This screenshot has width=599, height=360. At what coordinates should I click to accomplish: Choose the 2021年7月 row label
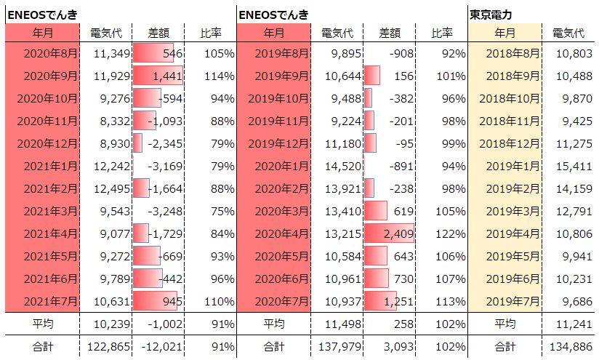tap(50, 301)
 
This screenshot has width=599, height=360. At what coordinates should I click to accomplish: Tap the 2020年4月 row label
tap(281, 233)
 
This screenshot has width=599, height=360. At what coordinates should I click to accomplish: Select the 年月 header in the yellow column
tap(505, 33)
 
